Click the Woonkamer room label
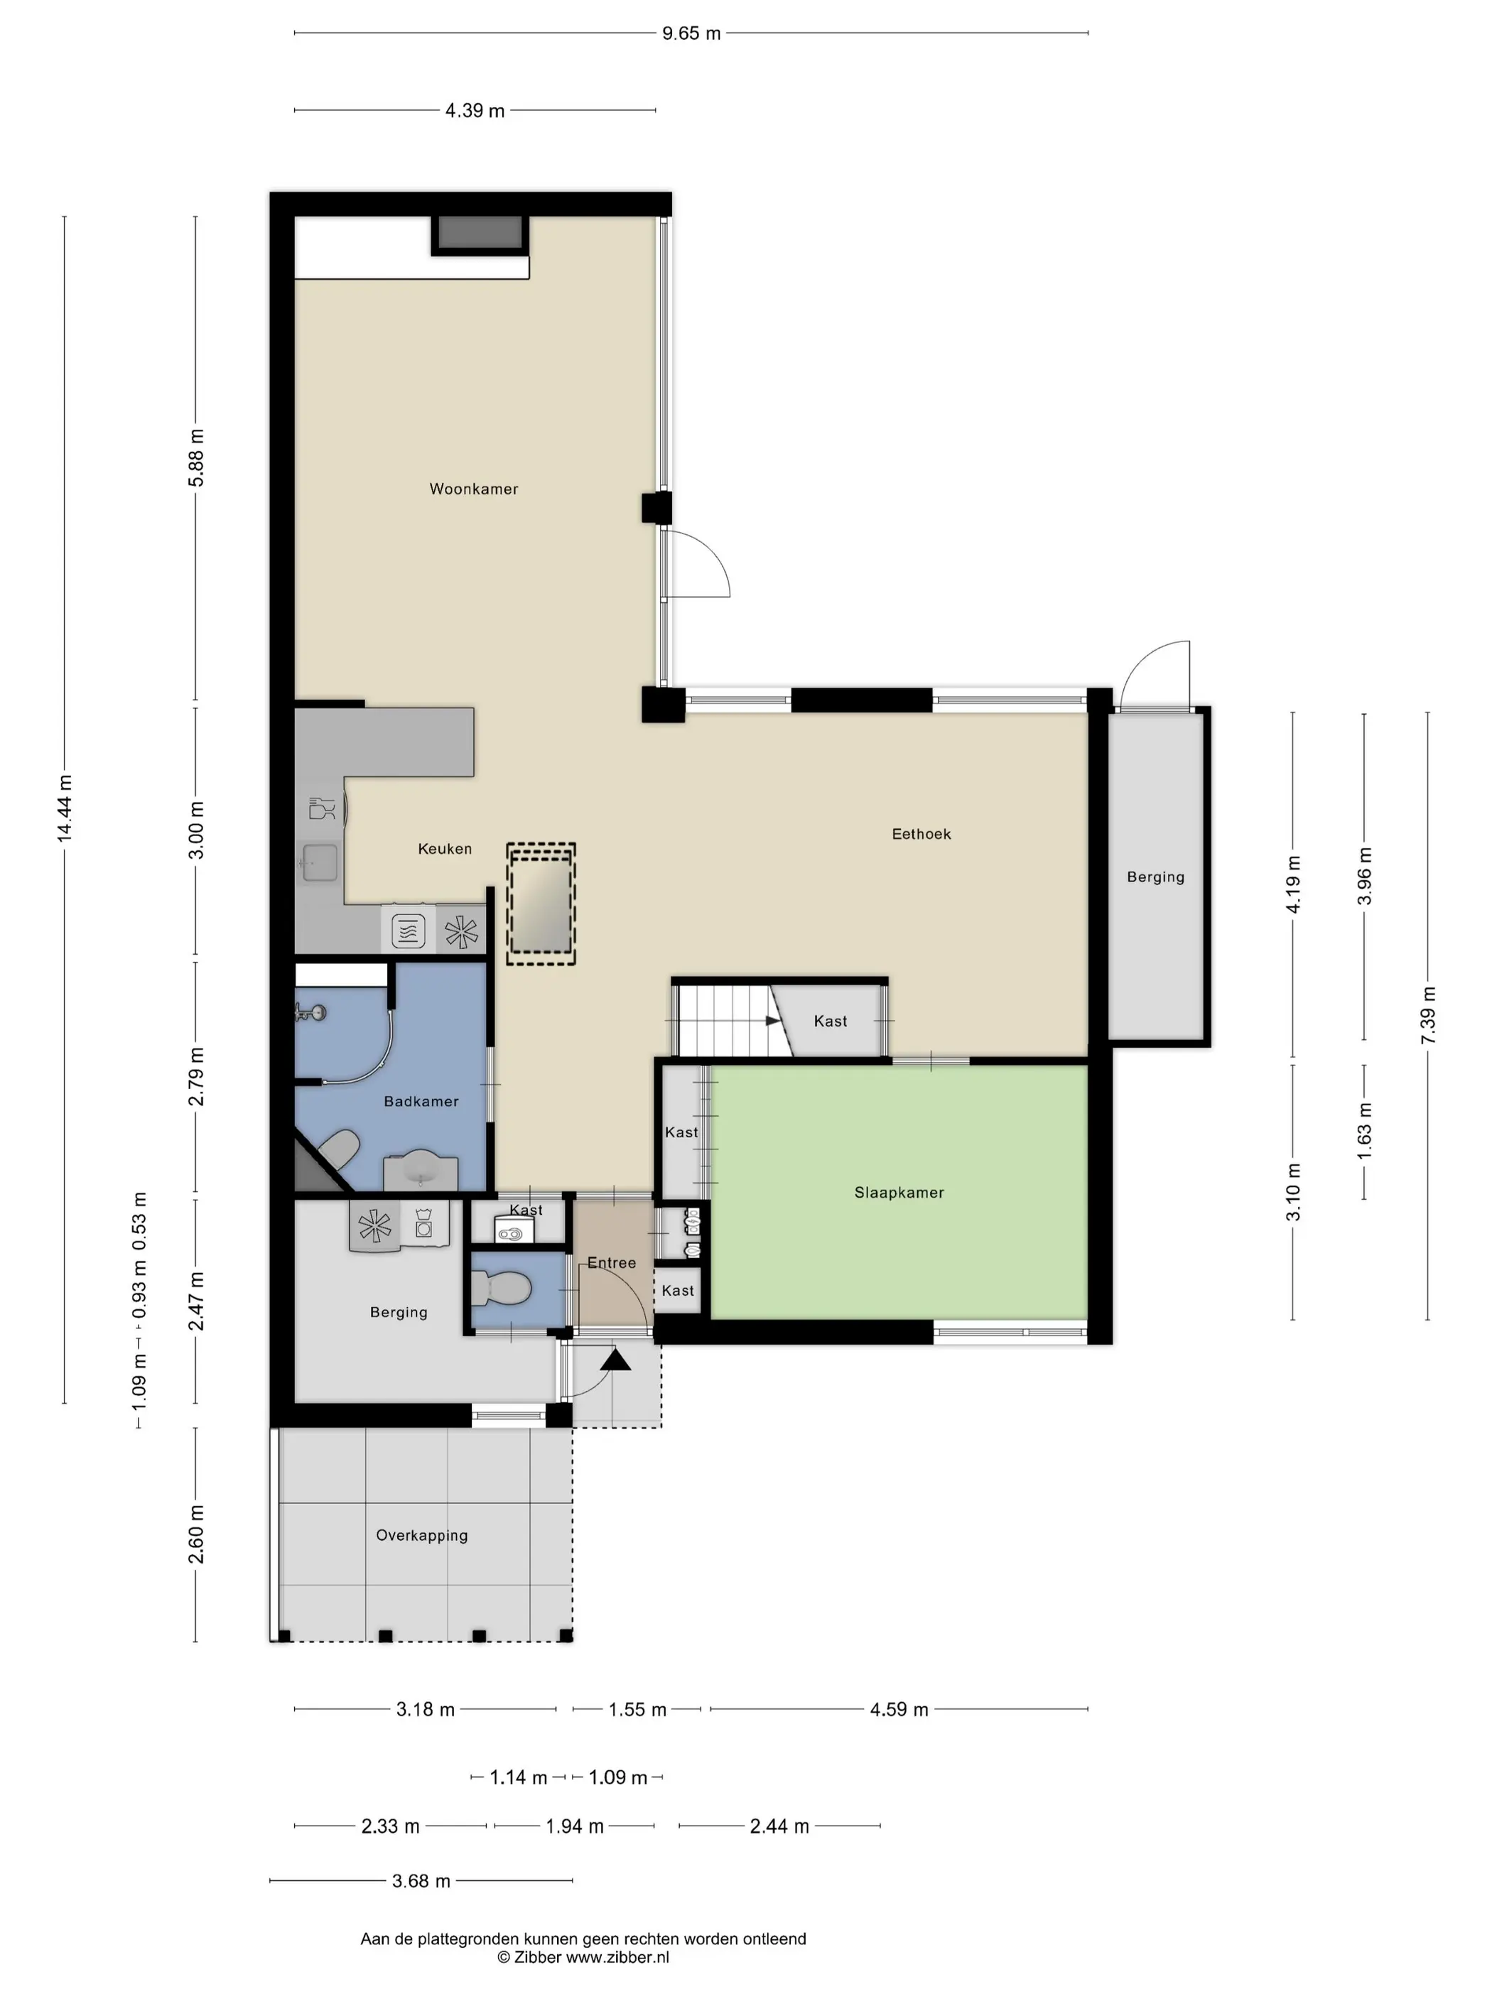point(473,489)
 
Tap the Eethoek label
point(921,835)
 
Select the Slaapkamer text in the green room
point(899,1193)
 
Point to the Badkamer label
point(421,1102)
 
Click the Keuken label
point(444,849)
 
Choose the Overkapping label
point(422,1536)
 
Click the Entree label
point(612,1263)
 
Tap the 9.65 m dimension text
point(691,34)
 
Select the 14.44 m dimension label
point(65,808)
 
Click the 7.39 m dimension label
point(1428,1016)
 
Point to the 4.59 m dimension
point(899,1709)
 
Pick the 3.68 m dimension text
point(421,1881)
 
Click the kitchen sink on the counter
point(319,862)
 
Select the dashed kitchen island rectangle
point(541,904)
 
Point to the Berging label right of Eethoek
point(1156,877)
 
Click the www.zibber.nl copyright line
point(583,1958)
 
